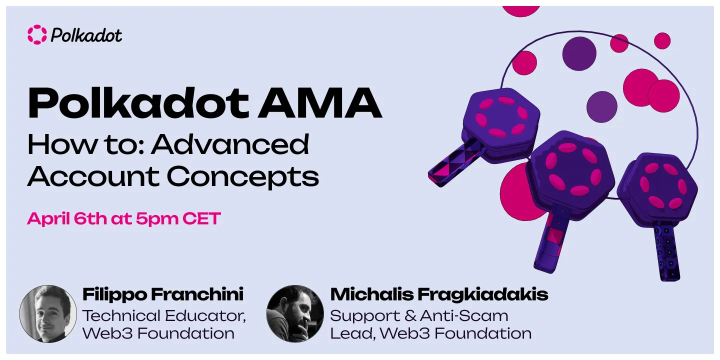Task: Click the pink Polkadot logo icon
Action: click(x=37, y=34)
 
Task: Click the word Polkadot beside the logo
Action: click(x=86, y=35)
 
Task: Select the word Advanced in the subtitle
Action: click(x=230, y=145)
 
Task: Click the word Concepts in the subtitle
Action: click(x=242, y=176)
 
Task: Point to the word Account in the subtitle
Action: click(x=93, y=176)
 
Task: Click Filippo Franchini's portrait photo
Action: click(x=48, y=313)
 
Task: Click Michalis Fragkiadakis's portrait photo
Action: click(x=295, y=313)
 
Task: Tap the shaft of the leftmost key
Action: click(x=456, y=164)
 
